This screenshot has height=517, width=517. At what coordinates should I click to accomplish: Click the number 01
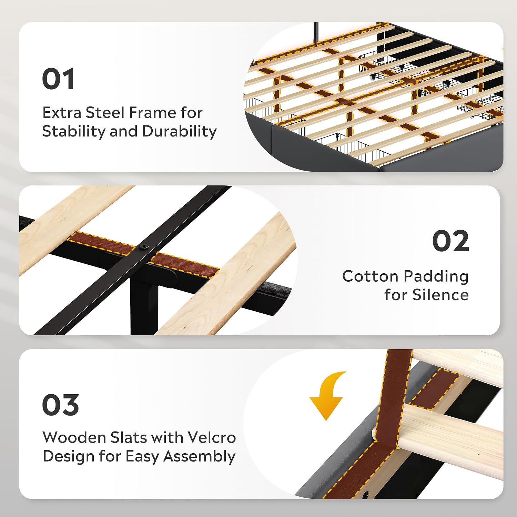(x=58, y=79)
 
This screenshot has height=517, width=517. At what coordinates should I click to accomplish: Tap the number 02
(x=450, y=241)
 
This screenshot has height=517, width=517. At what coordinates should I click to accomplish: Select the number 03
(x=60, y=405)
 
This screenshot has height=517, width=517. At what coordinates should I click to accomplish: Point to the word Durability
(x=179, y=131)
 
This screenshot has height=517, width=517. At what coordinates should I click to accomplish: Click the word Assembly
(x=199, y=457)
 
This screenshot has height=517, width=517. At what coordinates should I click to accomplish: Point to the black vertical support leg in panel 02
(x=144, y=307)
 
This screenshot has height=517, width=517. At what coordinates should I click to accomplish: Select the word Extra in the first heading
(x=62, y=113)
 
